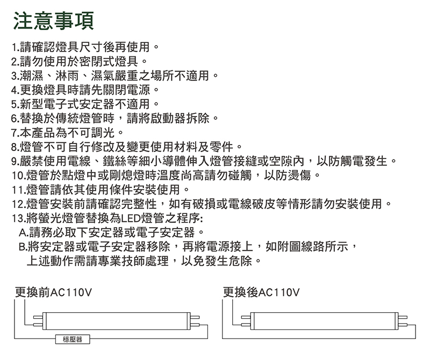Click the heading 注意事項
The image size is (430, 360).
pyautogui.click(x=53, y=21)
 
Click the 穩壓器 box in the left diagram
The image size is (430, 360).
pyautogui.click(x=73, y=340)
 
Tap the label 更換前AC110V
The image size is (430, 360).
pyautogui.click(x=53, y=292)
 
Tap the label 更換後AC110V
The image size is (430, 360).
pyautogui.click(x=261, y=292)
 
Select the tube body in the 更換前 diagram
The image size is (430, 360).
pyautogui.click(x=117, y=321)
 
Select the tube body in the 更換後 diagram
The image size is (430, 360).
pyautogui.click(x=325, y=321)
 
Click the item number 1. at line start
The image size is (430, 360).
pyautogui.click(x=16, y=47)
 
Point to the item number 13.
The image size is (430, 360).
pyautogui.click(x=19, y=219)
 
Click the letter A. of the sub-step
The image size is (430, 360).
pyautogui.click(x=24, y=233)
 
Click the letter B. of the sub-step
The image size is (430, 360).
pyautogui.click(x=23, y=247)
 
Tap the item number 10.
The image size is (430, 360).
pyautogui.click(x=19, y=176)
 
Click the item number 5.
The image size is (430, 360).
pyautogui.click(x=16, y=104)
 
